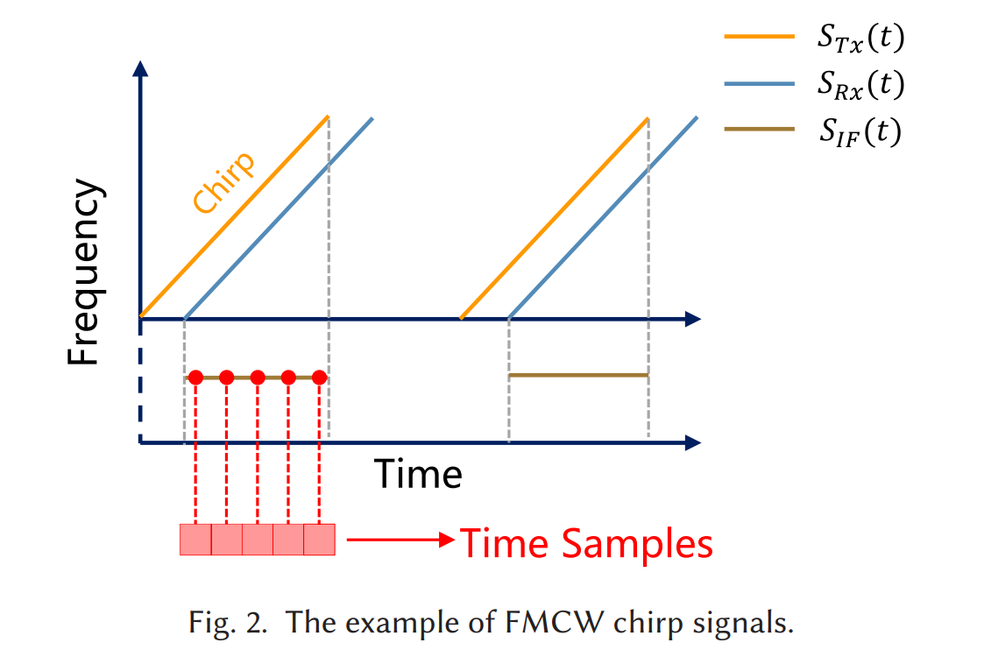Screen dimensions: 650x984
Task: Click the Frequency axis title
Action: point(86,274)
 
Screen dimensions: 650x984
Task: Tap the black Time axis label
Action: point(418,474)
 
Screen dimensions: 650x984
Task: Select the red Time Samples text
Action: point(586,544)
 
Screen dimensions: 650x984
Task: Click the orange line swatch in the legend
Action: point(759,38)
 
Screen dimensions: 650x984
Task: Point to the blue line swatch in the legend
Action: point(759,84)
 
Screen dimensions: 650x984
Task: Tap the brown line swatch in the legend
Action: point(759,131)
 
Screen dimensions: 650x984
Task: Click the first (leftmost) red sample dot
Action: point(195,378)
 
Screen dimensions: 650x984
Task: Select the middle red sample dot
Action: point(258,378)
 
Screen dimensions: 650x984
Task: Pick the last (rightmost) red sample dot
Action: point(319,378)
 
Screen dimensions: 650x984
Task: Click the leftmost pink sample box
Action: point(195,540)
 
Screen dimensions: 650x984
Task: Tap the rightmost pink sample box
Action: point(319,540)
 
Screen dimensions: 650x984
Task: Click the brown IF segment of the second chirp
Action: point(578,375)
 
